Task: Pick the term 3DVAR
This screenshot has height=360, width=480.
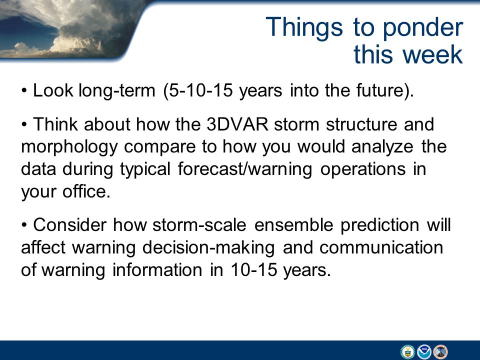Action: [x=237, y=124]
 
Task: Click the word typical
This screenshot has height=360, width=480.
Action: [x=145, y=170]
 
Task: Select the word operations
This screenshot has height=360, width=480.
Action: [x=363, y=170]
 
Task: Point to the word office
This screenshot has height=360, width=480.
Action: [x=86, y=191]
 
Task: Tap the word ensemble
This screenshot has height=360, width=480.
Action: [x=293, y=225]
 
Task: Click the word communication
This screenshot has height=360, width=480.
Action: [x=381, y=247]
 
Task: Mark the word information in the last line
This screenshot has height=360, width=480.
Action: [x=157, y=270]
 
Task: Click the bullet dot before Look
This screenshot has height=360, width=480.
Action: [x=24, y=91]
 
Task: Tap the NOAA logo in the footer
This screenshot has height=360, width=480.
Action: [x=424, y=351]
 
